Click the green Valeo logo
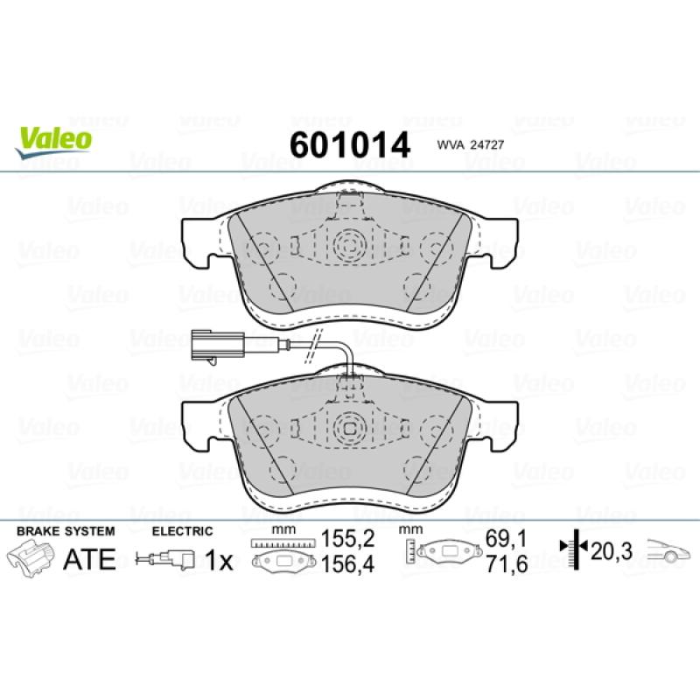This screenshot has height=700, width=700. click(53, 142)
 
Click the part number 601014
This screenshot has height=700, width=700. click(349, 145)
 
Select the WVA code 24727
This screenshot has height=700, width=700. click(470, 145)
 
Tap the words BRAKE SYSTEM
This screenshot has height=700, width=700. click(66, 531)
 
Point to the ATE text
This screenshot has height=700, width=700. click(89, 559)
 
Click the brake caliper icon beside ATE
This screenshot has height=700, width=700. click(31, 558)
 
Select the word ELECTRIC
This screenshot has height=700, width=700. click(183, 531)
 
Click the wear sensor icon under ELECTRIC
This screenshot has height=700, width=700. click(165, 560)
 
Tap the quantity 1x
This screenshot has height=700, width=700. click(219, 560)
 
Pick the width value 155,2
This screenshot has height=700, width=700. click(347, 540)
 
